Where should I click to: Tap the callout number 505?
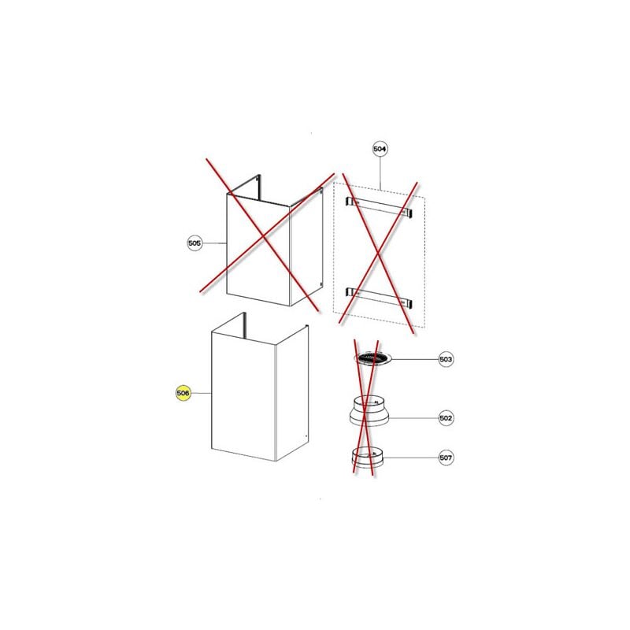pyautogui.click(x=195, y=243)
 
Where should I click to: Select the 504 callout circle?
pyautogui.click(x=381, y=148)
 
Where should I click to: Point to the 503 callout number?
pyautogui.click(x=447, y=359)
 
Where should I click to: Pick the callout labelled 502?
pyautogui.click(x=447, y=417)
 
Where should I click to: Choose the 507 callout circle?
pyautogui.click(x=447, y=458)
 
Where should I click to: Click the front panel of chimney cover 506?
pyautogui.click(x=240, y=398)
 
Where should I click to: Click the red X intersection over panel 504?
pyautogui.click(x=380, y=250)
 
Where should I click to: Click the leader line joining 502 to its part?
pyautogui.click(x=413, y=417)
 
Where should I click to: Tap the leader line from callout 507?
pyautogui.click(x=409, y=458)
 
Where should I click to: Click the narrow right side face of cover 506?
pyautogui.click(x=289, y=398)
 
